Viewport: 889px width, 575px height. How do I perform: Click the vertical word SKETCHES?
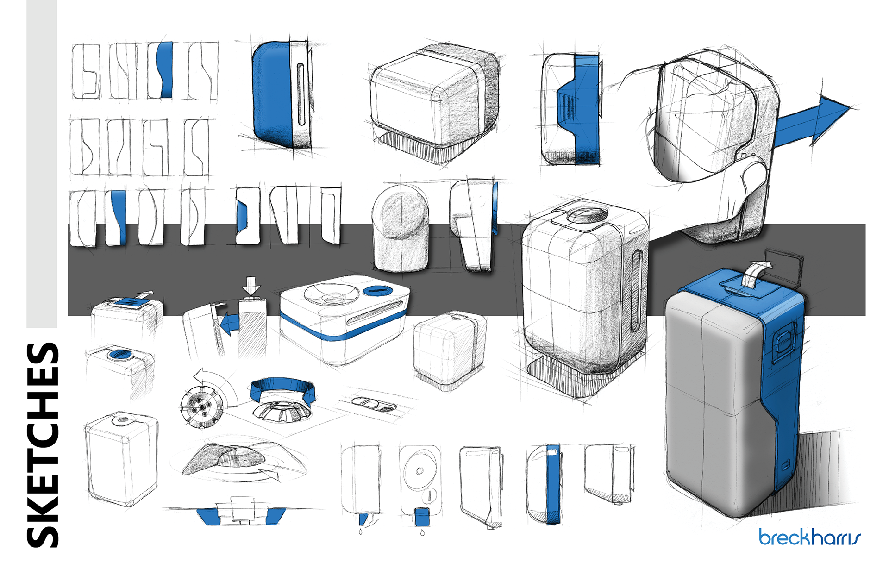pyautogui.click(x=43, y=444)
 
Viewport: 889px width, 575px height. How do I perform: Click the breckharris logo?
pyautogui.click(x=809, y=537)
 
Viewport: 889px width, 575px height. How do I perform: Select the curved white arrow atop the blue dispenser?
pyautogui.click(x=754, y=273)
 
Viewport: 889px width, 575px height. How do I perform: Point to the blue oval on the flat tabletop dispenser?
pyautogui.click(x=377, y=291)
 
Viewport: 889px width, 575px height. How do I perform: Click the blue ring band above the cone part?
pyautogui.click(x=282, y=388)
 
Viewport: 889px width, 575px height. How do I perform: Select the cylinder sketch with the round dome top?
pyautogui.click(x=401, y=229)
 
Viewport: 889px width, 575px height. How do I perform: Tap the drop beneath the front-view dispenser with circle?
pyautogui.click(x=422, y=533)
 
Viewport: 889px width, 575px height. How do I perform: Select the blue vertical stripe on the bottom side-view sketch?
pyautogui.click(x=553, y=484)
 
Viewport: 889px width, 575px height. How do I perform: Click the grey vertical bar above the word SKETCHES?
pyautogui.click(x=42, y=162)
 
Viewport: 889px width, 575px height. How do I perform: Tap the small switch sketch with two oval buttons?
pyautogui.click(x=374, y=404)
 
